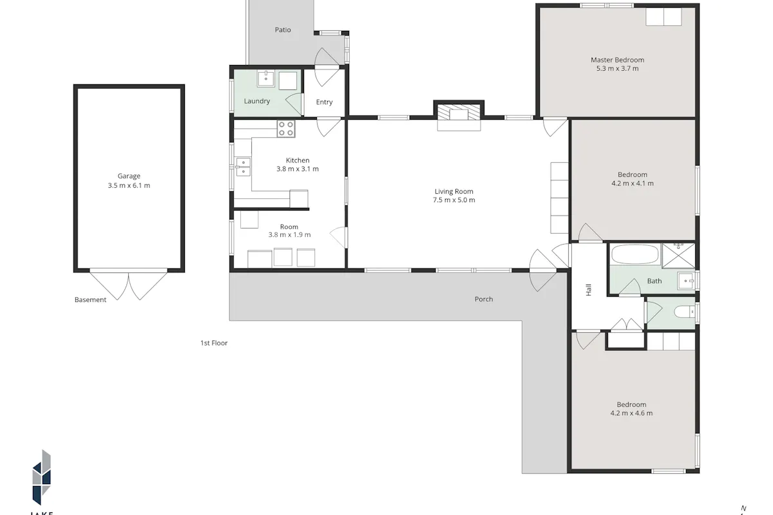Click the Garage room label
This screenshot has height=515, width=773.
[x=129, y=176]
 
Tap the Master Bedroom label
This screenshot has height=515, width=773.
[x=617, y=60]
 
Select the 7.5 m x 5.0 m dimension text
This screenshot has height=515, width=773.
[x=453, y=200]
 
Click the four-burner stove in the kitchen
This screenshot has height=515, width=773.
[x=286, y=129]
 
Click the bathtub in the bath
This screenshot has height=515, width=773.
[x=635, y=254]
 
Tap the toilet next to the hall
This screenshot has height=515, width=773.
[x=684, y=312]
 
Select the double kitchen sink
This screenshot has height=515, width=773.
[x=243, y=167]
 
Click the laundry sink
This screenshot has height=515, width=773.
[x=265, y=79]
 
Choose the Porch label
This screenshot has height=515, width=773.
[x=484, y=299]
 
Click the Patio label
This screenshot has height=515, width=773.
[x=283, y=30]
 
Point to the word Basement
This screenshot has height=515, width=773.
[x=90, y=300]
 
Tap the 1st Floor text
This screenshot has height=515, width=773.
[x=214, y=343]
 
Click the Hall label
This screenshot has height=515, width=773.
[x=589, y=290]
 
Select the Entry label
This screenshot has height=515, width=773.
[x=324, y=102]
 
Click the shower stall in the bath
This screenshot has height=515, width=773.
[x=678, y=256]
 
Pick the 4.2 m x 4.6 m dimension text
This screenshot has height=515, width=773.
[x=631, y=413]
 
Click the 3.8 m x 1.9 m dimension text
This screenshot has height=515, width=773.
[x=289, y=235]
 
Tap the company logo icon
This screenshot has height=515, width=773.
[x=42, y=478]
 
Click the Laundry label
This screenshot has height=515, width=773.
[x=257, y=101]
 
